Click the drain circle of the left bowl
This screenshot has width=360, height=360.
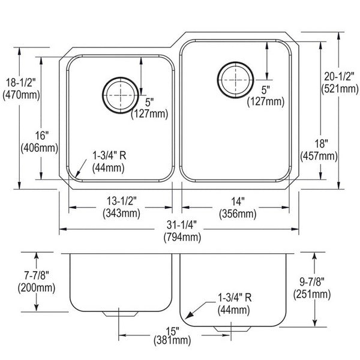click(103, 95)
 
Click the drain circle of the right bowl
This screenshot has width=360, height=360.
click(217, 80)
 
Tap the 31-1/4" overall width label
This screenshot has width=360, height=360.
click(182, 225)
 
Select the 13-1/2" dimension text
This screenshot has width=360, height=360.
click(122, 201)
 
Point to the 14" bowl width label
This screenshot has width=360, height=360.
click(238, 202)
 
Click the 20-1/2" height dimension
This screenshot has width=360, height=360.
click(339, 76)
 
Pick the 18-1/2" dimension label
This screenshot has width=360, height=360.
click(20, 82)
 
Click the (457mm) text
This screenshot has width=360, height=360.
click(319, 157)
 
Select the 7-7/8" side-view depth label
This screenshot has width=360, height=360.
click(37, 275)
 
